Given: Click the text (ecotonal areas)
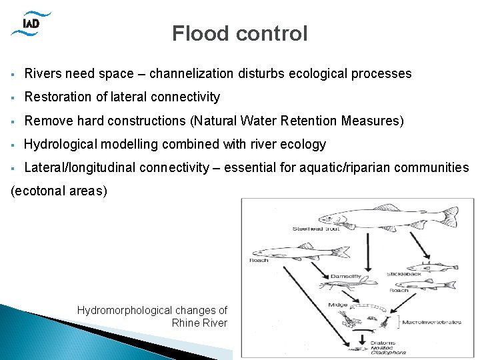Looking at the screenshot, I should point(59,191).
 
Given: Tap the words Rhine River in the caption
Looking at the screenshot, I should point(199,323).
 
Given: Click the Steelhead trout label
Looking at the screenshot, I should point(316,229).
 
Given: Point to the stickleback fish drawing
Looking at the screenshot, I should point(430,267).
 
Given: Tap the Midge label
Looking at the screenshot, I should point(337,305).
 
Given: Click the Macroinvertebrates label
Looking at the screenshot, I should point(431,322).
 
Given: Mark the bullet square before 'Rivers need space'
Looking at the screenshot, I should point(13,74).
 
